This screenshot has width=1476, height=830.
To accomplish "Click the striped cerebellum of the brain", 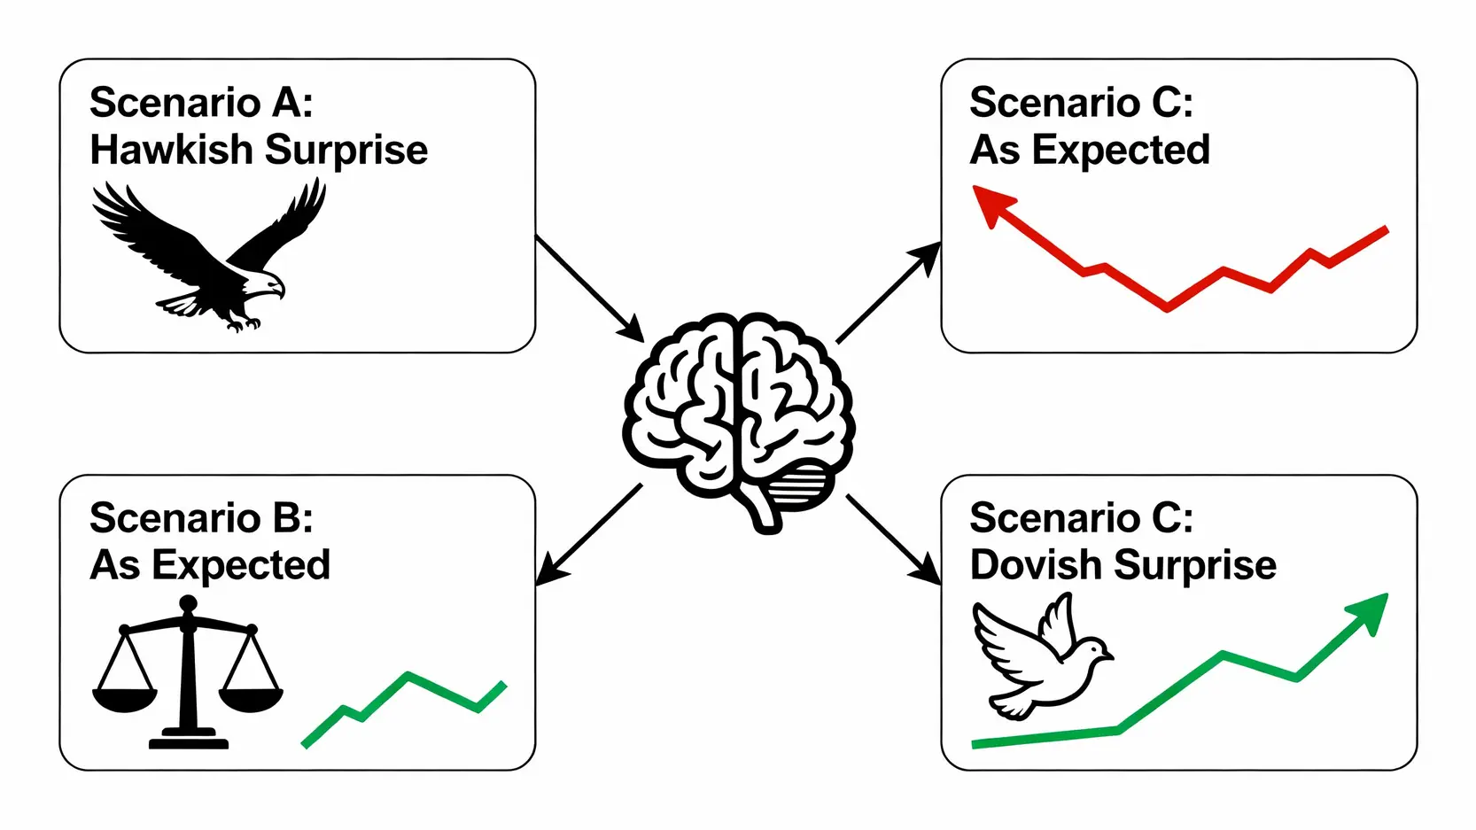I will tap(800, 485).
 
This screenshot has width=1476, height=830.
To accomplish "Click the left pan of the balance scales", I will tap(125, 698).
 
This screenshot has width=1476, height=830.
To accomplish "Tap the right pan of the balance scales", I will tap(251, 698).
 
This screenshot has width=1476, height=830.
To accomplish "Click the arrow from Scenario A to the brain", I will tap(588, 288).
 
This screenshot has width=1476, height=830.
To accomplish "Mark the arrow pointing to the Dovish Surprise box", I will tap(893, 539).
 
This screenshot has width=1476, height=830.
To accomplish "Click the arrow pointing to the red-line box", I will tap(889, 291).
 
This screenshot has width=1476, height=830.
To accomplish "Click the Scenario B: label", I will tap(201, 517).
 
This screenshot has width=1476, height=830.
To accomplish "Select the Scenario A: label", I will tap(201, 102).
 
